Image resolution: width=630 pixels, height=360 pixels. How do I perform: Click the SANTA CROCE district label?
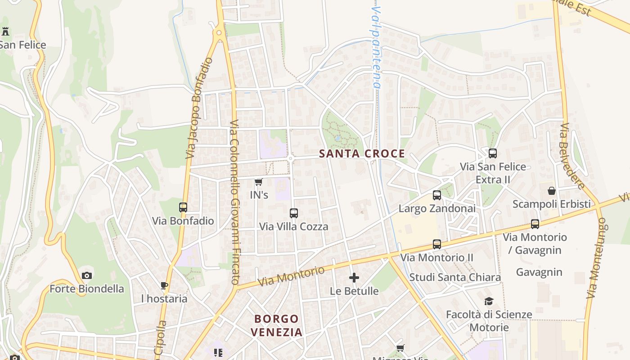pos(362,154)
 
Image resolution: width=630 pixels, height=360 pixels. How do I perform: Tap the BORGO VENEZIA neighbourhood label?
pos(276,325)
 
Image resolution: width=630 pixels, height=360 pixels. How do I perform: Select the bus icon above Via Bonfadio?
pos(183,207)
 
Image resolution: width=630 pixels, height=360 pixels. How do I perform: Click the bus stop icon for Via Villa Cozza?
pos(294,213)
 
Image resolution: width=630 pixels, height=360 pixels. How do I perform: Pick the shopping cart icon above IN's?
pos(258,182)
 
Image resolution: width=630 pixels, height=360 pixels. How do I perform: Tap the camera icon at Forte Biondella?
pos(87,275)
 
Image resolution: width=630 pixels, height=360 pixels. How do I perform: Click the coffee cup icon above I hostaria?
pos(164,285)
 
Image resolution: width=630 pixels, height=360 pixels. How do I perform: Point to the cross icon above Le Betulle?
pos(354,278)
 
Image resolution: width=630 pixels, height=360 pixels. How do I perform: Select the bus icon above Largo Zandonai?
pos(437,195)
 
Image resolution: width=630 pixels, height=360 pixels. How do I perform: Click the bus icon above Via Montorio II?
pos(437,244)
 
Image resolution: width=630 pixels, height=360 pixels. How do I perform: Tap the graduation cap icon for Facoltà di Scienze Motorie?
pos(489,301)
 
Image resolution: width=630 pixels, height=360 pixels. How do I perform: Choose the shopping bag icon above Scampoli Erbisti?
pos(552,191)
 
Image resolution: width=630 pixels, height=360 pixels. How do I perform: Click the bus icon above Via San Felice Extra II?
pos(493,153)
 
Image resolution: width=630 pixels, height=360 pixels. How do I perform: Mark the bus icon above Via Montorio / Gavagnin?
pos(535,224)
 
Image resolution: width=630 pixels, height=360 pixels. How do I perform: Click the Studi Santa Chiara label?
pos(455,277)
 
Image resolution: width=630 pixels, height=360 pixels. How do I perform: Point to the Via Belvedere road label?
pos(573,156)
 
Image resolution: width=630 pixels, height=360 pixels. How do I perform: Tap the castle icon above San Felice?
pos(5,31)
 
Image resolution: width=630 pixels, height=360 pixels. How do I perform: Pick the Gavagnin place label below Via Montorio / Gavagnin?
pos(539,272)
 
